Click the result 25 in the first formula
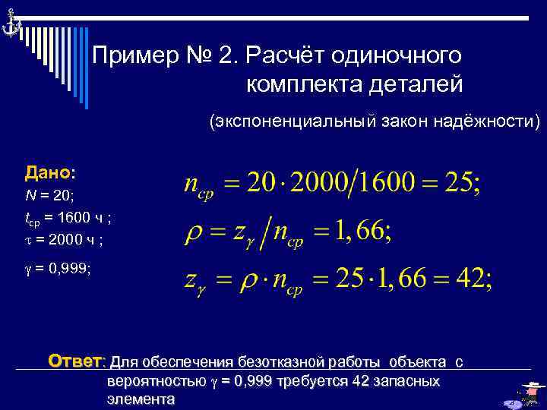pos(460,182)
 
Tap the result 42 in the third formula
pos(472,280)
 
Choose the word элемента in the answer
pos(141,399)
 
